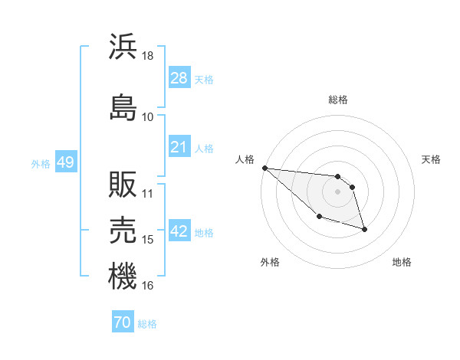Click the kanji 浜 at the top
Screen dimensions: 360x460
point(123,47)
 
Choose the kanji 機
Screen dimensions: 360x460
point(123,276)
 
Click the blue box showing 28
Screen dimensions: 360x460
point(179,79)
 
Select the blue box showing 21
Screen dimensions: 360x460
point(179,147)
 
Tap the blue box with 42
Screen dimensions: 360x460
point(179,232)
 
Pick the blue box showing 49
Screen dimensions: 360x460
point(65,163)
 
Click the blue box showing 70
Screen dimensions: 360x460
point(123,323)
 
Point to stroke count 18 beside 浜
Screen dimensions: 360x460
point(148,57)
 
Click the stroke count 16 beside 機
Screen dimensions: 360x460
point(148,286)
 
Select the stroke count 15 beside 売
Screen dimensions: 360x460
point(148,240)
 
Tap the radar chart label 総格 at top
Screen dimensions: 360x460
point(338,100)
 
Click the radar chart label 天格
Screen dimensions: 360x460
point(431,159)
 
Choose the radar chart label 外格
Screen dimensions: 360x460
point(270,262)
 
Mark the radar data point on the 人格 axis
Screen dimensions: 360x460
point(264,168)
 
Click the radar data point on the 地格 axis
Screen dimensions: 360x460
point(364,229)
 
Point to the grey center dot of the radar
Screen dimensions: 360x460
point(337,191)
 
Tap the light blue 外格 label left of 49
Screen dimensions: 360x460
point(41,164)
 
